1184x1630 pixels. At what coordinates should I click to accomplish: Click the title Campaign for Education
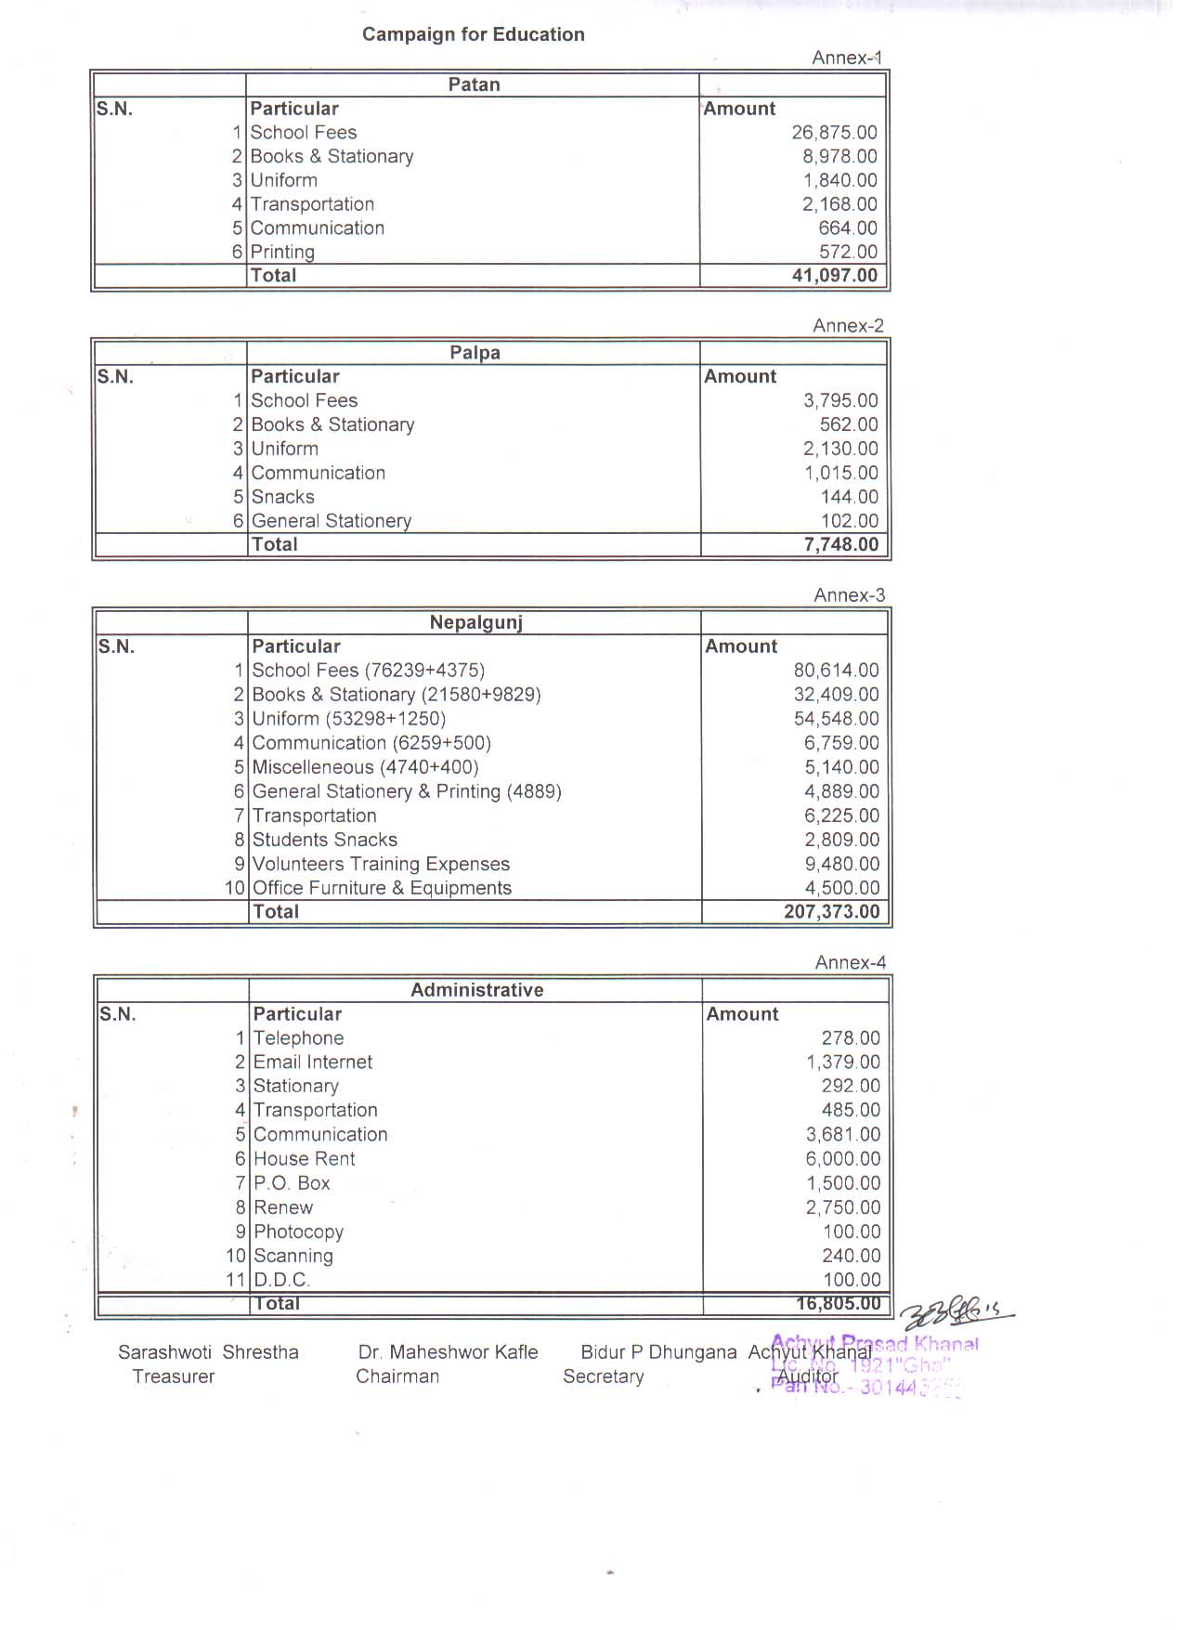[473, 34]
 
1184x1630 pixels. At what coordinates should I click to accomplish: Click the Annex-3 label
[849, 595]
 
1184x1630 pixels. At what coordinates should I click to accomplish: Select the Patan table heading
[474, 85]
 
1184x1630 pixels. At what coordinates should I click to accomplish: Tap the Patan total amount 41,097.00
[835, 275]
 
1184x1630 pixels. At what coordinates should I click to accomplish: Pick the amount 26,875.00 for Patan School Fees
[834, 133]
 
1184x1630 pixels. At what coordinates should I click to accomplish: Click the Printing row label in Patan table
[282, 252]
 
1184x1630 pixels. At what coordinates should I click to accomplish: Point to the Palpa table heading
[475, 353]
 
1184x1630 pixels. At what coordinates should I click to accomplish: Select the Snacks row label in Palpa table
[282, 497]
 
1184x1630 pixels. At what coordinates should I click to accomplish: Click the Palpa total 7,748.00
[840, 544]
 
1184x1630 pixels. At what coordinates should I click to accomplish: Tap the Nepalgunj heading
[475, 622]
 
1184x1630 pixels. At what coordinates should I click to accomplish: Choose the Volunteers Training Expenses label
[381, 864]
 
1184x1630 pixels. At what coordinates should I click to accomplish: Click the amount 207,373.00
[831, 911]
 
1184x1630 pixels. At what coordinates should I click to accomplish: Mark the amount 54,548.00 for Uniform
[836, 719]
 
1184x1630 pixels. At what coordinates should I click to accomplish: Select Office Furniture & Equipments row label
[382, 888]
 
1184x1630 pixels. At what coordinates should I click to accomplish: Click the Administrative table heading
[477, 990]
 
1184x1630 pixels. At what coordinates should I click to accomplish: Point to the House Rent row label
[304, 1159]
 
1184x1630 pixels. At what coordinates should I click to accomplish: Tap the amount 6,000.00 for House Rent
[843, 1159]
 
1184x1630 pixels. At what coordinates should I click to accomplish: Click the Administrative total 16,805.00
[838, 1303]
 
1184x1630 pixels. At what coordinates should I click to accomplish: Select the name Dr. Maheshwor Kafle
[448, 1352]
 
